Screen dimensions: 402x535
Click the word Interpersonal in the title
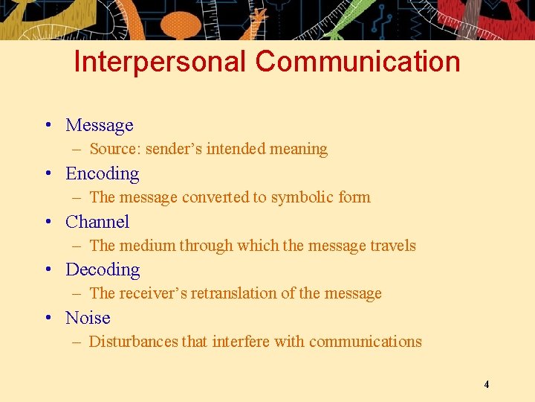point(160,62)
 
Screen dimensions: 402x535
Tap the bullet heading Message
point(100,125)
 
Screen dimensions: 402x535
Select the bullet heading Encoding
point(103,173)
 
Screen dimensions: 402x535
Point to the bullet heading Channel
point(97,222)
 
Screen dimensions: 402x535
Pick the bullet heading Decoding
point(103,269)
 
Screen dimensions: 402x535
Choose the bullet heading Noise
point(88,318)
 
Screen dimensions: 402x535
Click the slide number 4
point(486,385)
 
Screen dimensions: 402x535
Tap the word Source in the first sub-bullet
point(114,149)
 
